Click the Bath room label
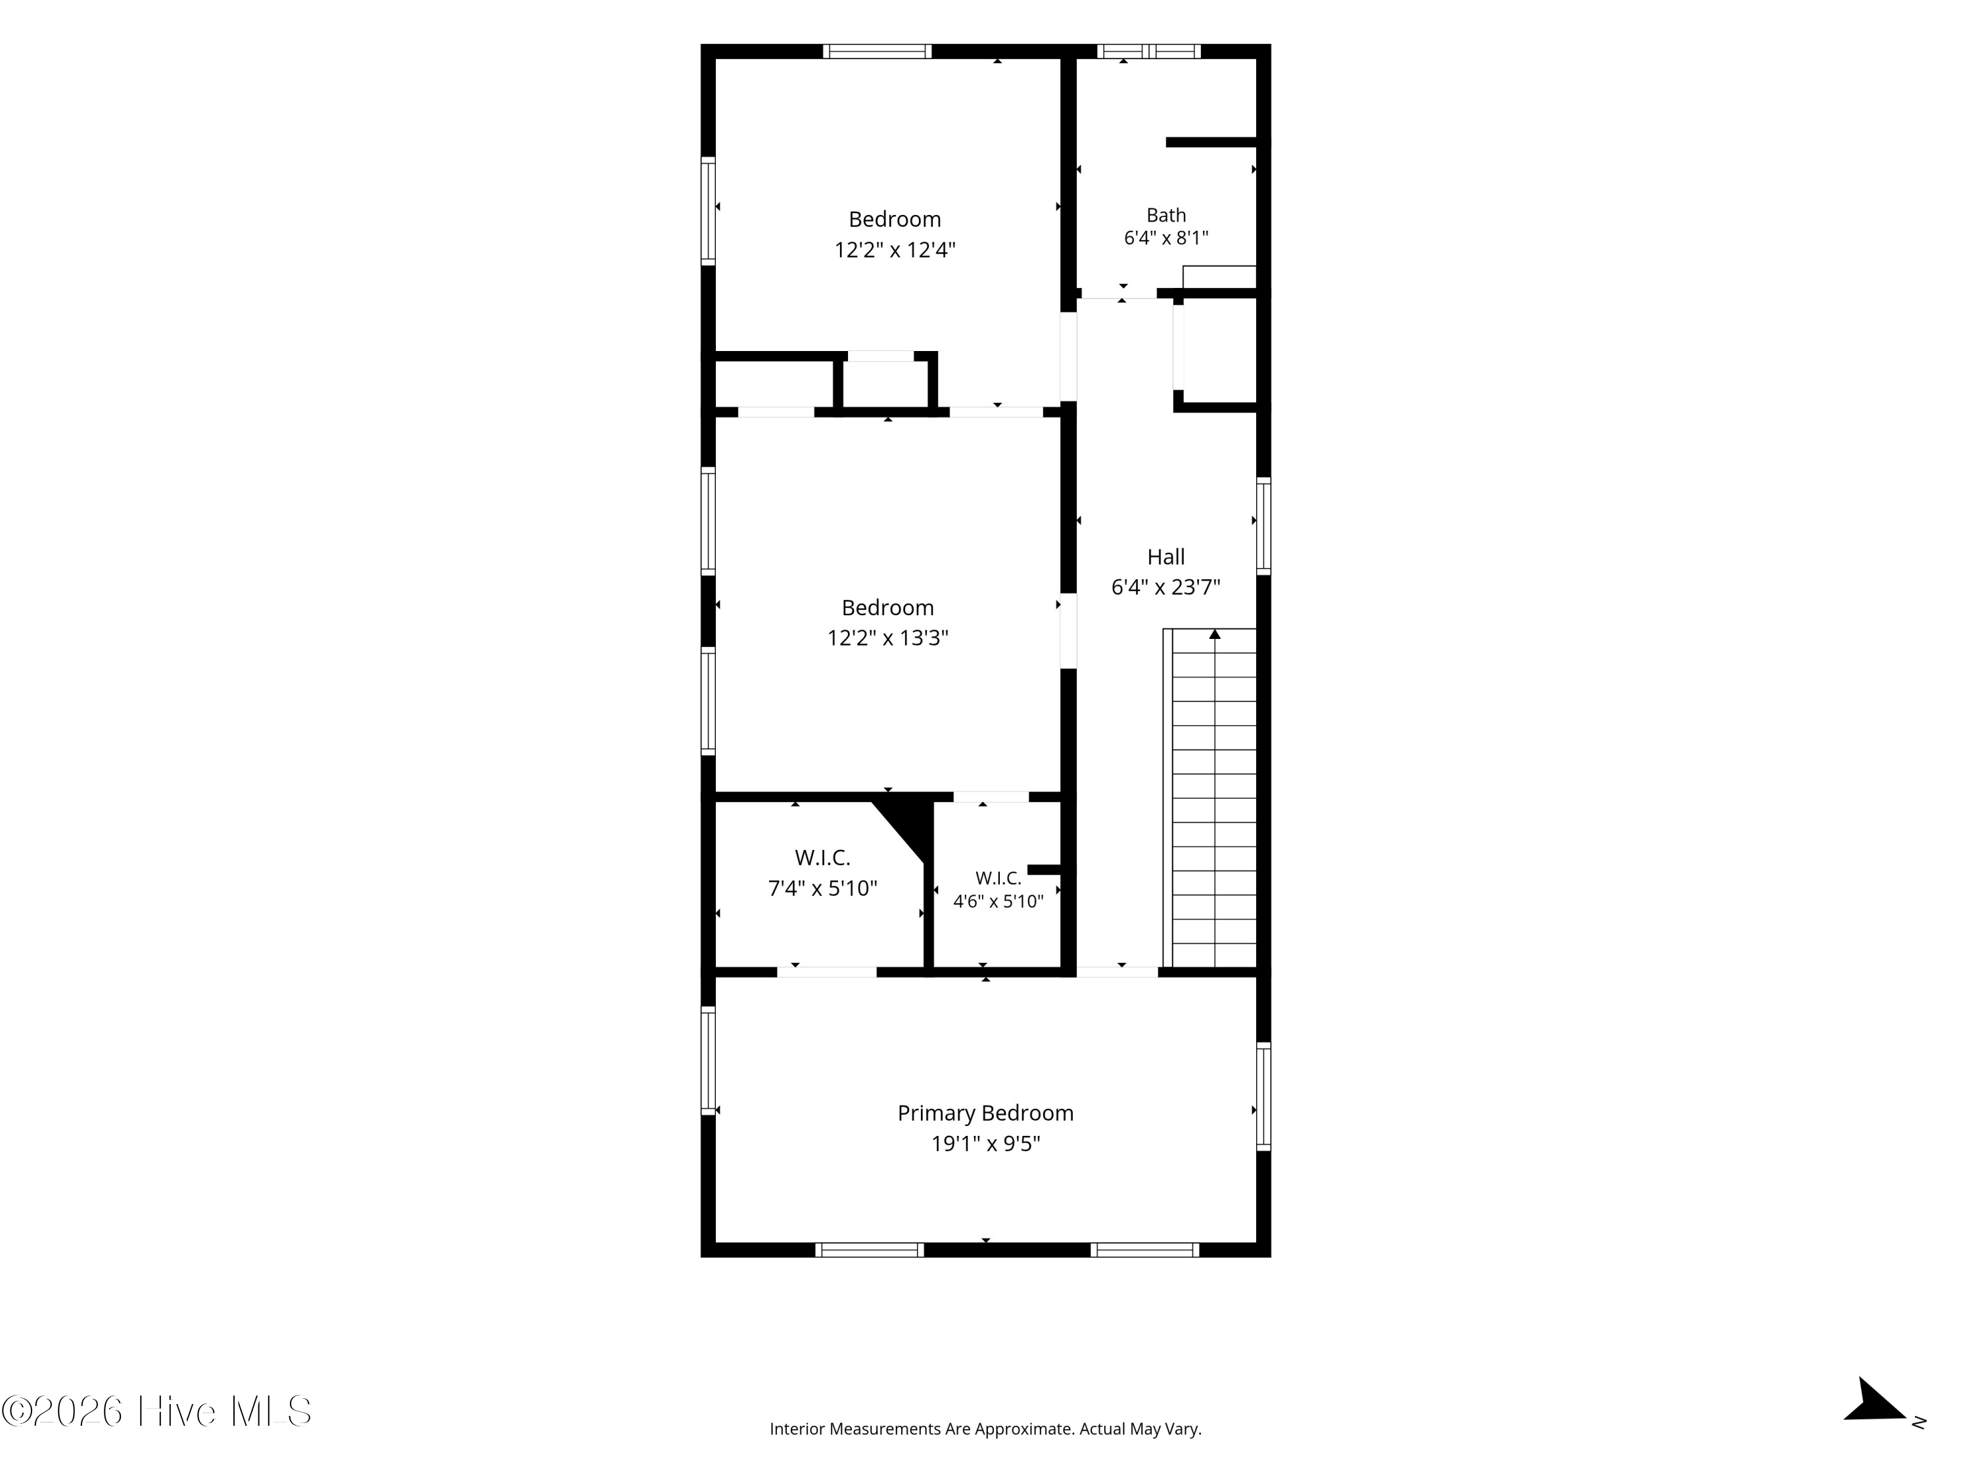(x=1166, y=215)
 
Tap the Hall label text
(x=1166, y=557)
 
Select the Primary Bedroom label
(x=985, y=1114)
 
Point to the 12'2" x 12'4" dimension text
(x=894, y=250)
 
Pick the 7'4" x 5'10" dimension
(x=823, y=889)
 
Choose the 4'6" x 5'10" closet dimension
(x=998, y=901)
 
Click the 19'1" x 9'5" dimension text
(x=986, y=1144)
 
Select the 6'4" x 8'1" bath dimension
(x=1166, y=238)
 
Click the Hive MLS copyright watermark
(x=157, y=1411)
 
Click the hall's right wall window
(x=1263, y=526)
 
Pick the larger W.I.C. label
(x=823, y=858)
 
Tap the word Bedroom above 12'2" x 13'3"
(x=888, y=608)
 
